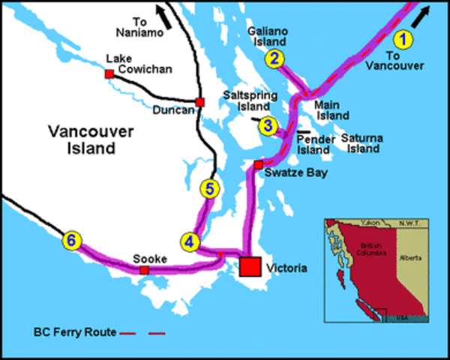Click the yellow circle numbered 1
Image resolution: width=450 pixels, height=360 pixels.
click(404, 38)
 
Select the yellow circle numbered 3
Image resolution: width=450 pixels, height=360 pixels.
click(268, 126)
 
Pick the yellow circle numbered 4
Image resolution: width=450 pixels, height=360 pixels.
click(190, 241)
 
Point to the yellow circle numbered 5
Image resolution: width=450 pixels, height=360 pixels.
click(210, 189)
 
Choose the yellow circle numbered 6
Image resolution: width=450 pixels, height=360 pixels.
click(71, 241)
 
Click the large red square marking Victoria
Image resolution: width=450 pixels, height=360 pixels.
click(250, 267)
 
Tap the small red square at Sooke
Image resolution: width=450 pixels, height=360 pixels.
click(144, 269)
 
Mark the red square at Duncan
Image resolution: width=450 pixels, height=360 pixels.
click(199, 102)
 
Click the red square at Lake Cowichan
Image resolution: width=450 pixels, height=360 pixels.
click(109, 74)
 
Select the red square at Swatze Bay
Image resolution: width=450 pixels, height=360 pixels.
click(258, 164)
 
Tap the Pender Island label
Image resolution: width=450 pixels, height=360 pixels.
click(314, 144)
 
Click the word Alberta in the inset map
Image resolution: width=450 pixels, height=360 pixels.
click(409, 257)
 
